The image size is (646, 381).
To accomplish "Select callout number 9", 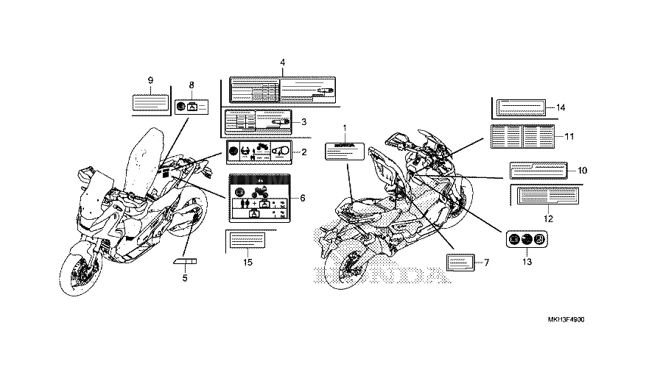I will (x=150, y=79).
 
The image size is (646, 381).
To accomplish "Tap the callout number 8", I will (x=192, y=85).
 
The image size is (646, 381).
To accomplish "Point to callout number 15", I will (x=247, y=261).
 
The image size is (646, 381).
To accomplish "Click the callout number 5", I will (x=185, y=278).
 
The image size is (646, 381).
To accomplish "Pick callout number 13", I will (x=527, y=261).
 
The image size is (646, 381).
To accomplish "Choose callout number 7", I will (x=485, y=261).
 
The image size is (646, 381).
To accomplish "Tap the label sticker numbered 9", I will (x=150, y=102).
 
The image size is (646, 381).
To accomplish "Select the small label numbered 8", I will (x=192, y=106).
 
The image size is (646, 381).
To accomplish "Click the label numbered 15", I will (x=247, y=241).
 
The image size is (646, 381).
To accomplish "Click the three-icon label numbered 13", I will (x=526, y=239).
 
